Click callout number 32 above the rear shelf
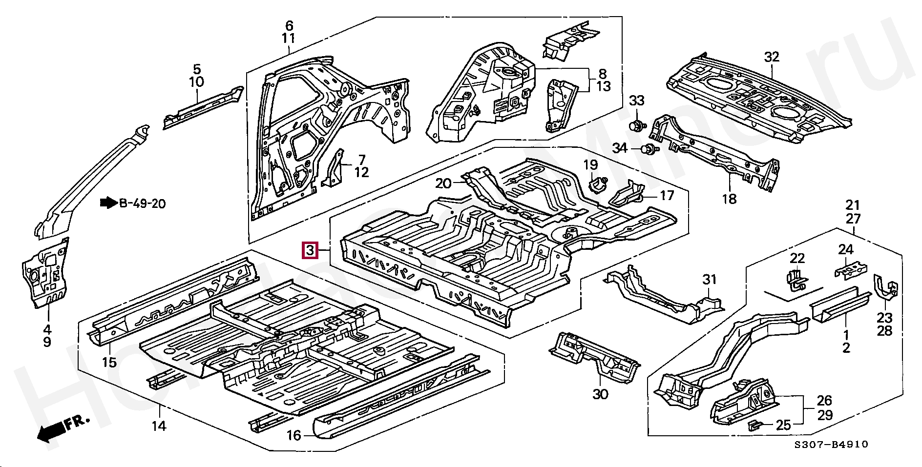click(x=772, y=57)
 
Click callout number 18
click(x=729, y=199)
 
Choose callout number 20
click(x=443, y=183)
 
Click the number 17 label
click(x=667, y=196)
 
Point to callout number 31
click(x=709, y=280)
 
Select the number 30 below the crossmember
click(x=600, y=394)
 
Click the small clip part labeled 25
click(x=754, y=425)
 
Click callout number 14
click(x=159, y=426)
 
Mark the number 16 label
click(x=294, y=435)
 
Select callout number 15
click(x=109, y=362)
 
